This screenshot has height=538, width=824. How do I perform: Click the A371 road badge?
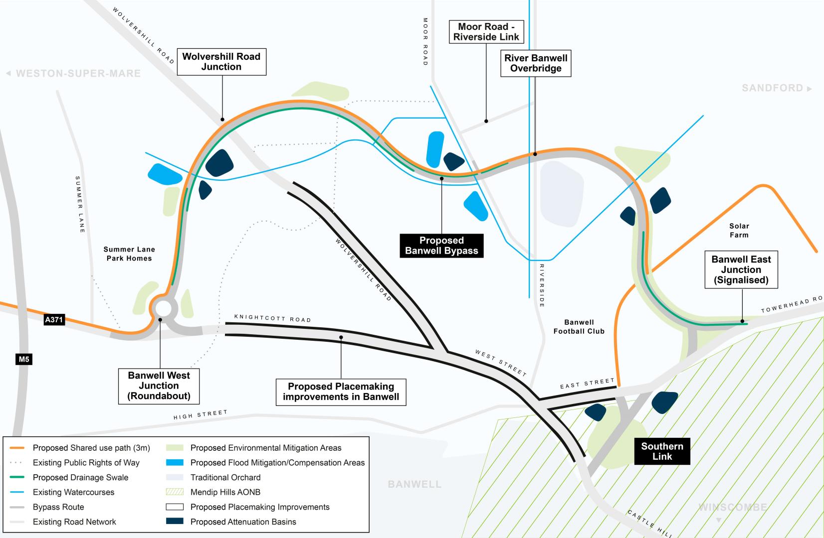pos(54,320)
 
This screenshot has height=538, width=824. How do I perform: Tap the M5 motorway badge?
pos(24,359)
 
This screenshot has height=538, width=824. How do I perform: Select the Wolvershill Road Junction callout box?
pos(221,62)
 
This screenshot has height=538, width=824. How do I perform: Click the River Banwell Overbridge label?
pos(536,63)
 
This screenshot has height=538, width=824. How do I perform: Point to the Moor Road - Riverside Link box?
pos(486,32)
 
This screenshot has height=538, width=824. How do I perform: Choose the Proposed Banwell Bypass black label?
pos(441,246)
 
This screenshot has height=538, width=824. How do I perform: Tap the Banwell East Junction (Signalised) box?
pos(741,269)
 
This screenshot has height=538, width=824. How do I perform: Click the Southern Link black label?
pos(662,451)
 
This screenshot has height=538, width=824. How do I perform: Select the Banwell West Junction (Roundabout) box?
pos(159,386)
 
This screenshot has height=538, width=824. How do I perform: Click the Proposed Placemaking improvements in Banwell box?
pos(341,392)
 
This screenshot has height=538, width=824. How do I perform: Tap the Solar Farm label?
pos(739,230)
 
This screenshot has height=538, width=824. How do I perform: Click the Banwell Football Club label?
pos(579,327)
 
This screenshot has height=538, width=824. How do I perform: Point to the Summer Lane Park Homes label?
pos(129,254)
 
